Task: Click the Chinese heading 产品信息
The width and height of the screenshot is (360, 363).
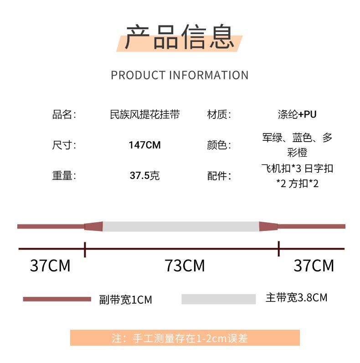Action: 180,37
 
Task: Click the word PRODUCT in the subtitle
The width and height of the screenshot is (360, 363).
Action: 138,75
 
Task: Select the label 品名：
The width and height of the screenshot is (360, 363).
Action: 64,114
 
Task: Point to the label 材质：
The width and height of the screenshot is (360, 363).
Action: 219,114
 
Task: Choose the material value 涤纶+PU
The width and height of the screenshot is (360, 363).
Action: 297,114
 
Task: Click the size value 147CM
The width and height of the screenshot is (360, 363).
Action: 144,145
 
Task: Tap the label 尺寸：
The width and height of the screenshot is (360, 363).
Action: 64,145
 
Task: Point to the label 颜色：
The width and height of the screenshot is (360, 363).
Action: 219,145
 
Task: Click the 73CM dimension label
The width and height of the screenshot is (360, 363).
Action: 185,266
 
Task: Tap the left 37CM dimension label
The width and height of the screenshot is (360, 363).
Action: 50,266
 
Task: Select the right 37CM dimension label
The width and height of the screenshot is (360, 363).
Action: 314,266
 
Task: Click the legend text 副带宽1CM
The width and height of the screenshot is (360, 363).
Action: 125,300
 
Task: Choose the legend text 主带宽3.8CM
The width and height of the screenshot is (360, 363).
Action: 296,298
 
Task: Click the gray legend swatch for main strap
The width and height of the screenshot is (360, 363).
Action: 218,299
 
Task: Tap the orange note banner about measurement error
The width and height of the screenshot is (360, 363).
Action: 185,338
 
